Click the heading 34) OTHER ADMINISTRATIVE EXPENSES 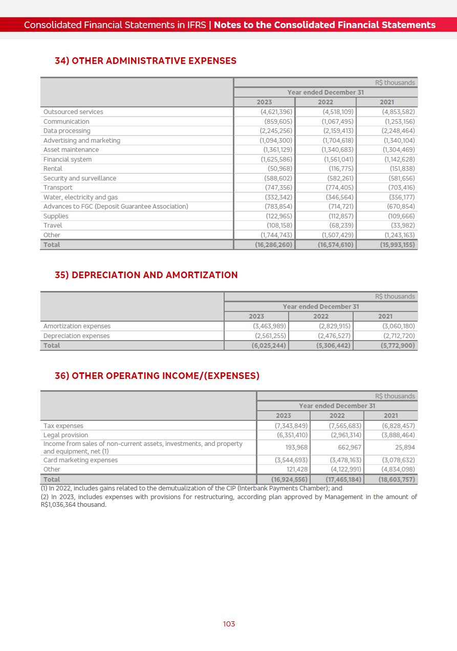(145, 61)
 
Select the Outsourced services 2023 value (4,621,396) (276, 112)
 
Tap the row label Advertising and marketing (82, 141)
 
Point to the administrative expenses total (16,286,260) (273, 245)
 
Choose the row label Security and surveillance (80, 178)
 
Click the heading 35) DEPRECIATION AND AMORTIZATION (146, 275)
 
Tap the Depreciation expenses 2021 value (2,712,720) (399, 336)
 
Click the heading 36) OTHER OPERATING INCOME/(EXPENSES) (157, 376)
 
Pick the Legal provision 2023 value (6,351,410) (291, 435)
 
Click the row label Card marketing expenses (80, 460)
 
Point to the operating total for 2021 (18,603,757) (397, 480)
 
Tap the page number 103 (229, 624)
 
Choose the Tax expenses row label (63, 426)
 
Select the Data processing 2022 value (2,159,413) (337, 131)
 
